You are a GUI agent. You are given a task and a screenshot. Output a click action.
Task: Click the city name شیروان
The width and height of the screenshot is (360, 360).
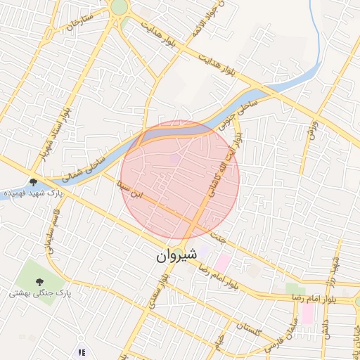(x=173, y=257)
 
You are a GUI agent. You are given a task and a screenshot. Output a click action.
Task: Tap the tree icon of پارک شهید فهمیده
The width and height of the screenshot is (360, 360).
(x=33, y=182)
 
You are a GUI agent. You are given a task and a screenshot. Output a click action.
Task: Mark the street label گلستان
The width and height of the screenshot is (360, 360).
(x=249, y=326)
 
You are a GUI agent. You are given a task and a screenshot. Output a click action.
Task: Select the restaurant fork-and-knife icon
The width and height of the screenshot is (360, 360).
(x=82, y=352)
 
